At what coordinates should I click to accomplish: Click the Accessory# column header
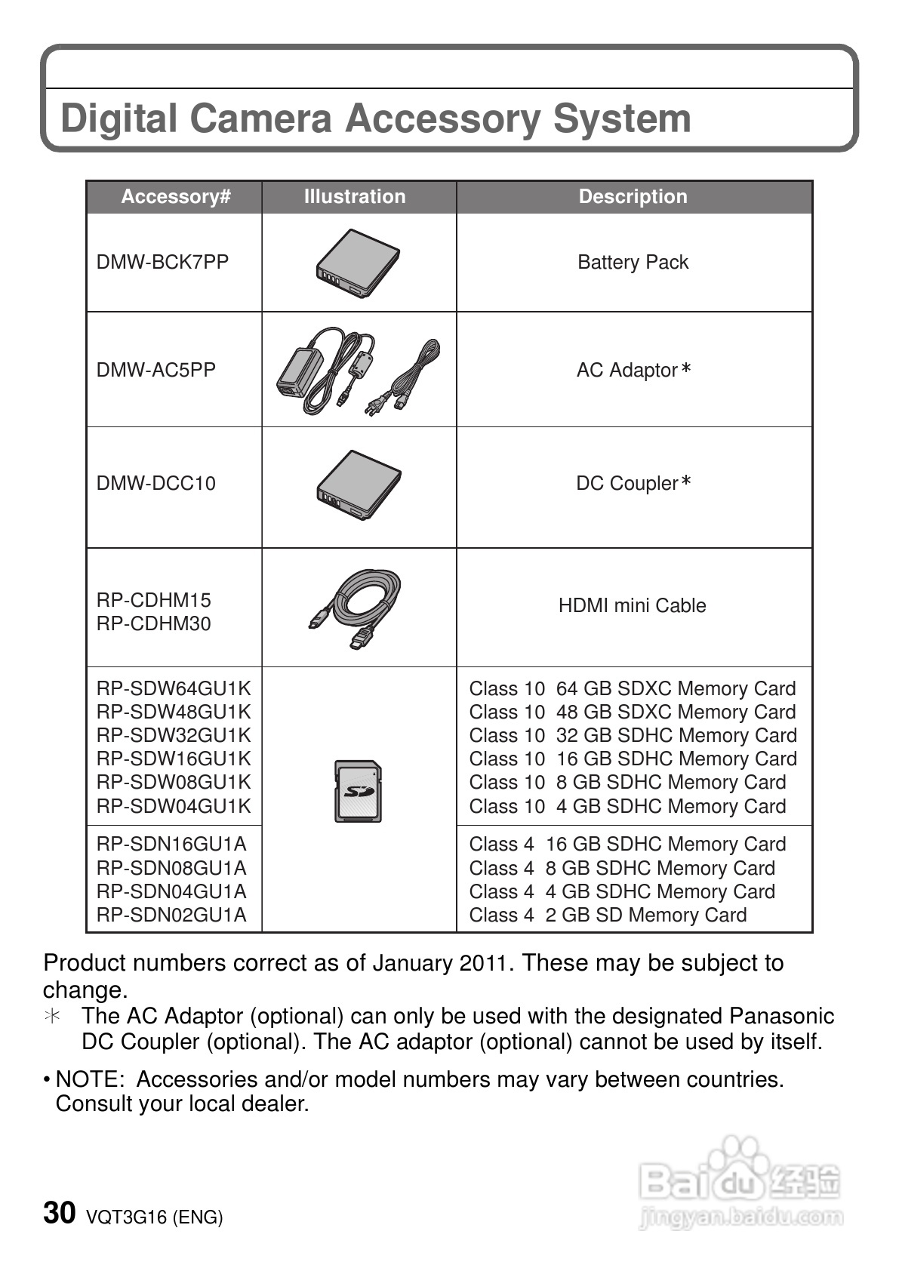click(x=175, y=197)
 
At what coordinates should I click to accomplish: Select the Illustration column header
click(x=355, y=197)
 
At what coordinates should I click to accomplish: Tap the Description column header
click(x=633, y=197)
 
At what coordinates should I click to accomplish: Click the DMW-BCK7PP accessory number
click(x=162, y=262)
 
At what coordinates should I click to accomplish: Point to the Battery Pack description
click(x=633, y=262)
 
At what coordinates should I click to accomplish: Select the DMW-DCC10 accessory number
click(x=155, y=483)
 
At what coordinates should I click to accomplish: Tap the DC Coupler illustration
click(x=359, y=485)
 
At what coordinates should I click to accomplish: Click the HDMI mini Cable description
click(x=632, y=605)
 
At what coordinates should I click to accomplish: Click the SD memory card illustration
click(x=358, y=791)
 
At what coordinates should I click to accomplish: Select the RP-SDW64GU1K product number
click(x=173, y=688)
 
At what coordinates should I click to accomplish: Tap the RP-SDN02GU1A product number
click(x=171, y=915)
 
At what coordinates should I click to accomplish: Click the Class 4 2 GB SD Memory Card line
click(x=608, y=915)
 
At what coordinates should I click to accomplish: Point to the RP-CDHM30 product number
click(x=154, y=623)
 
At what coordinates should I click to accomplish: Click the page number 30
click(x=60, y=1213)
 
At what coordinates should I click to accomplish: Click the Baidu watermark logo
click(x=739, y=1182)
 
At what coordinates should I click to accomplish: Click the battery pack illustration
click(x=359, y=263)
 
